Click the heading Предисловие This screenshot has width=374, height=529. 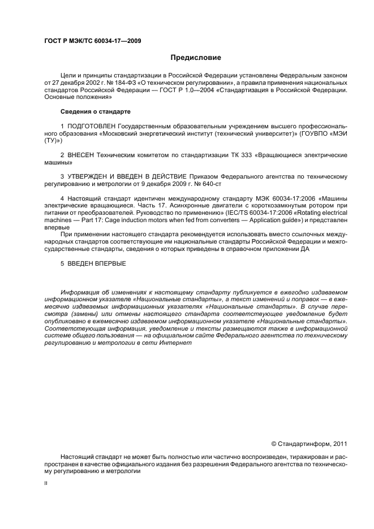(x=196, y=58)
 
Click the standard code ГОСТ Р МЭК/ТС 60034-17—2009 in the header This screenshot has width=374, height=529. (x=92, y=41)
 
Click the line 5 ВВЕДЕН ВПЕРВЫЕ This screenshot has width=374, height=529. (x=93, y=263)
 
